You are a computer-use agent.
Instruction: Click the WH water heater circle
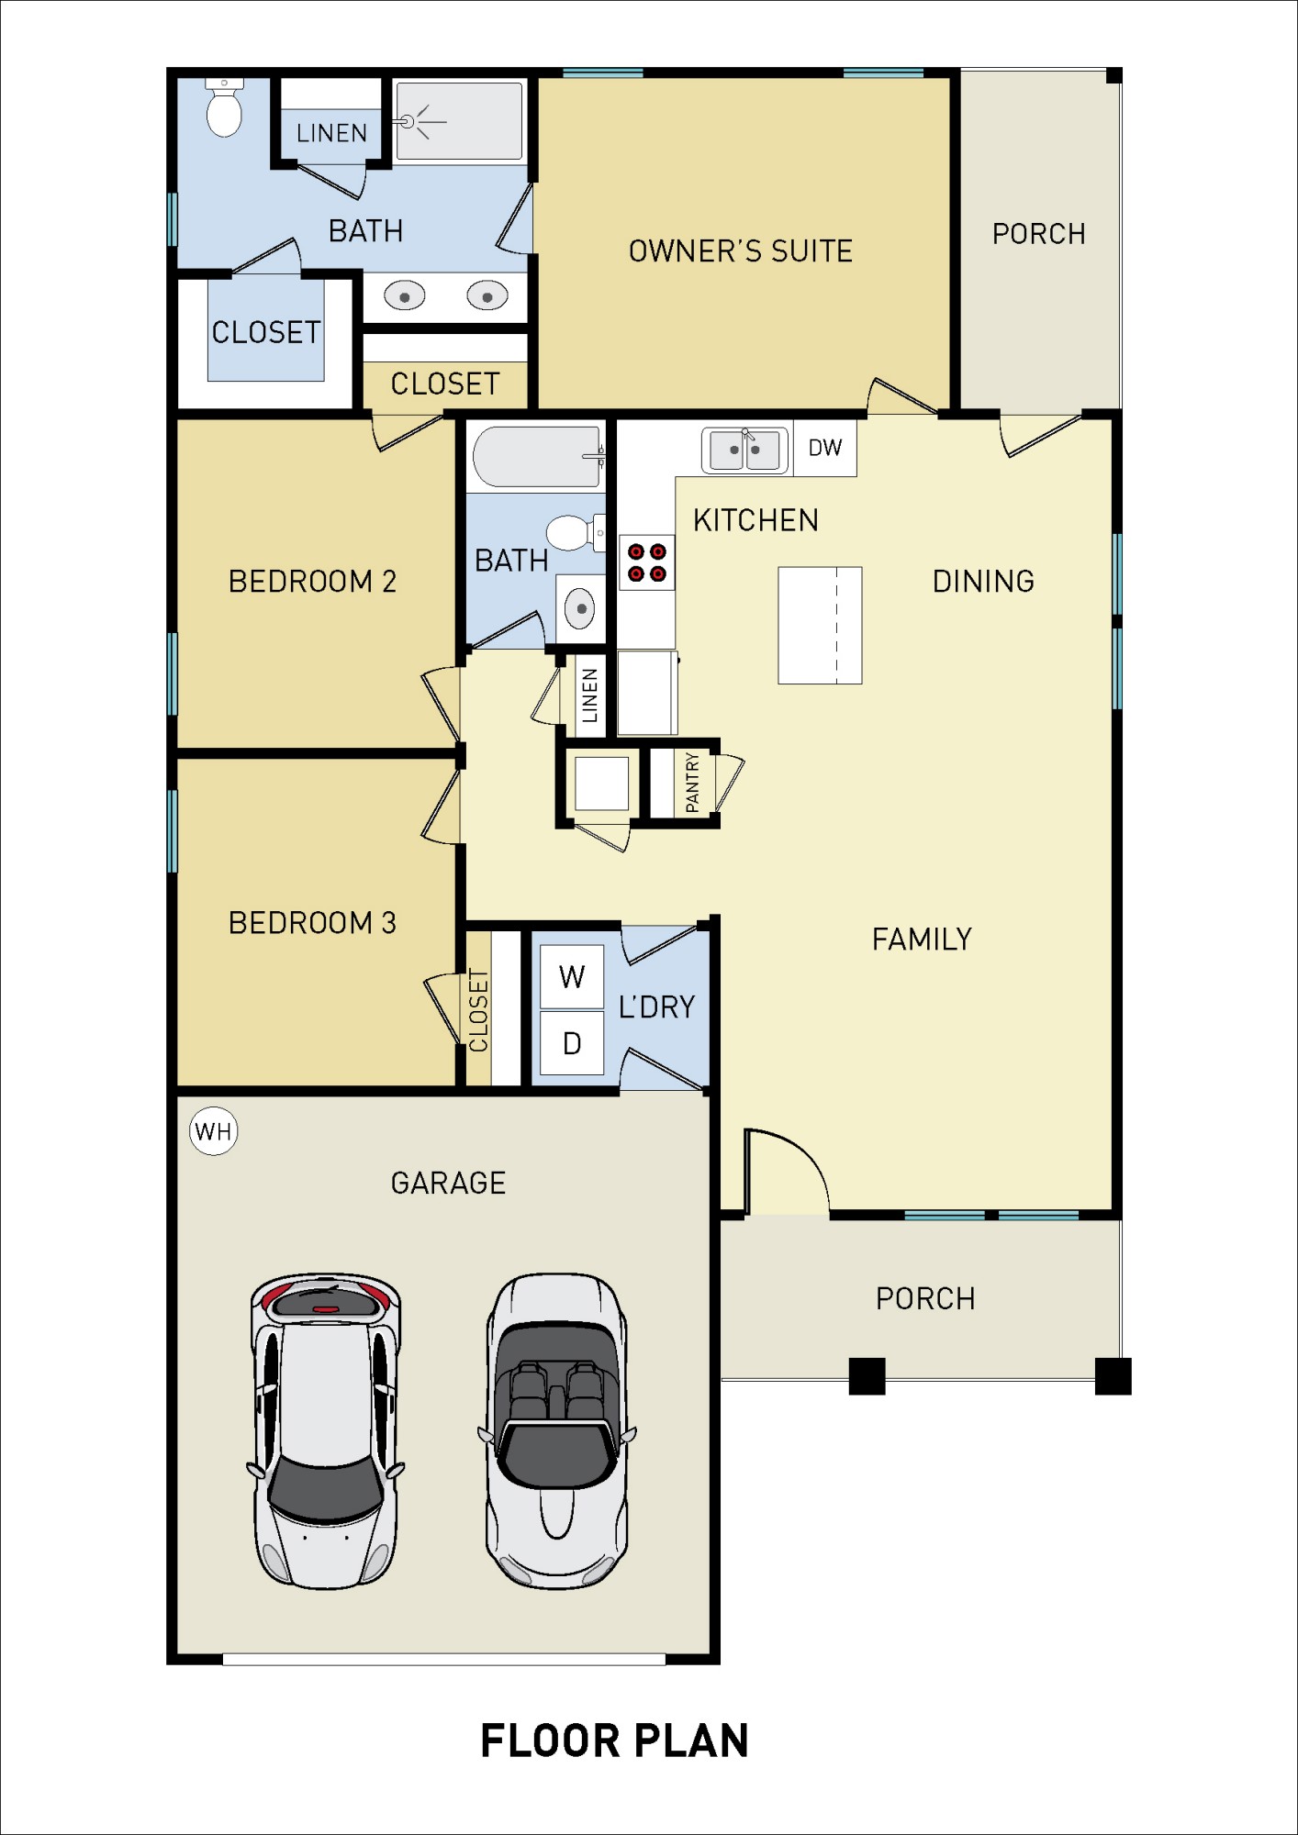click(x=213, y=1131)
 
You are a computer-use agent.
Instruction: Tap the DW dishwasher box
click(x=824, y=448)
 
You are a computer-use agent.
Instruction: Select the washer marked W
click(x=571, y=976)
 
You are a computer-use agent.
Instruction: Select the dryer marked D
click(x=571, y=1043)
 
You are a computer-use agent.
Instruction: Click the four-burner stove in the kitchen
click(x=646, y=562)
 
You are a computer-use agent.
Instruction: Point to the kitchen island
click(x=819, y=625)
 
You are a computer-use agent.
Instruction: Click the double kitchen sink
click(x=744, y=450)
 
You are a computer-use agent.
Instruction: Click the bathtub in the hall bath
click(x=537, y=456)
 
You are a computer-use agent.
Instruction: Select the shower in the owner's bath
click(x=459, y=121)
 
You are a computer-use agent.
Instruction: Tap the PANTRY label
click(x=692, y=783)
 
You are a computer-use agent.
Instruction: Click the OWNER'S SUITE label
click(x=740, y=250)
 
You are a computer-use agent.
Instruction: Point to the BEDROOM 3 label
click(x=312, y=922)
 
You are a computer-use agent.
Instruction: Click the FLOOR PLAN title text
click(x=614, y=1740)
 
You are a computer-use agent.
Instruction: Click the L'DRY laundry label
click(x=656, y=1006)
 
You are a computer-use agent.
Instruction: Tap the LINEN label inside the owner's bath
click(x=331, y=133)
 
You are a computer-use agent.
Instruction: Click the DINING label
click(x=983, y=581)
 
